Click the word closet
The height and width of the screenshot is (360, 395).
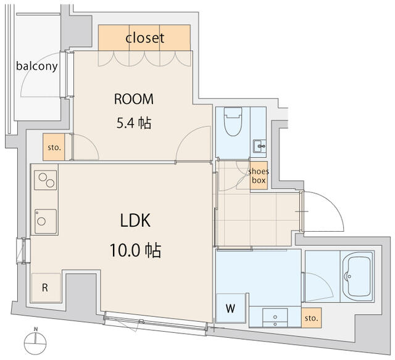pyautogui.click(x=145, y=38)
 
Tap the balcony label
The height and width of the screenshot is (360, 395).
pyautogui.click(x=37, y=66)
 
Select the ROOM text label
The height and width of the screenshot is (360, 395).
pyautogui.click(x=134, y=99)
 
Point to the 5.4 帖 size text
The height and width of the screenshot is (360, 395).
pyautogui.click(x=134, y=123)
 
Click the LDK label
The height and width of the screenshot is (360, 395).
pyautogui.click(x=135, y=221)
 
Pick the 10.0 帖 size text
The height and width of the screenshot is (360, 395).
pyautogui.click(x=135, y=250)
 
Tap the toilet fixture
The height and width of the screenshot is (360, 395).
pyautogui.click(x=233, y=121)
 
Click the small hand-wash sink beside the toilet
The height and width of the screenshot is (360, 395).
pyautogui.click(x=260, y=146)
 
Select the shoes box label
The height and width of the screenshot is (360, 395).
pyautogui.click(x=259, y=176)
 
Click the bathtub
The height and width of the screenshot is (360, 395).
pyautogui.click(x=357, y=276)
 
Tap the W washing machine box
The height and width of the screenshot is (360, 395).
pyautogui.click(x=231, y=308)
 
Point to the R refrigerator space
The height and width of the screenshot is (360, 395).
pyautogui.click(x=46, y=287)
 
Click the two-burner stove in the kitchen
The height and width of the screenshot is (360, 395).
pyautogui.click(x=45, y=180)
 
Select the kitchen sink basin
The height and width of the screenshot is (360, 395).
pyautogui.click(x=46, y=221)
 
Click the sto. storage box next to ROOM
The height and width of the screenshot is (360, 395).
pyautogui.click(x=54, y=147)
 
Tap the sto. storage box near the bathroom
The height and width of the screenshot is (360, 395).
pyautogui.click(x=311, y=318)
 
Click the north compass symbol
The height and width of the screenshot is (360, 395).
pyautogui.click(x=35, y=342)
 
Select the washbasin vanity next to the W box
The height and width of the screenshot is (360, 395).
pyautogui.click(x=275, y=317)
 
